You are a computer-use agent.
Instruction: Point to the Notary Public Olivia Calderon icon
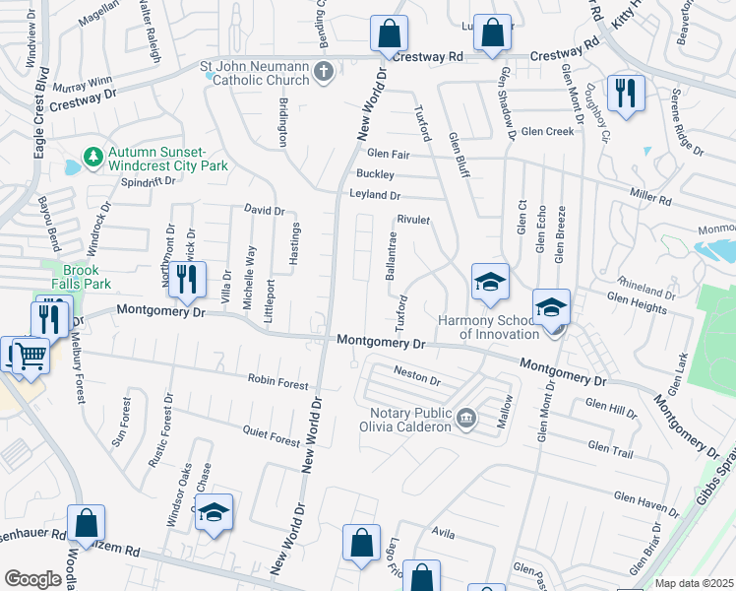coord(467,419)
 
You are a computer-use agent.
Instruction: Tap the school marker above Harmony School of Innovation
coord(490,282)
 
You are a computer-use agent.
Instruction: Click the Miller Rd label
coord(650,200)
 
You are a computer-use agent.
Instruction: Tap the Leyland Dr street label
coord(375,195)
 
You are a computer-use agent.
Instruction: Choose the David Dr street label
coord(264,211)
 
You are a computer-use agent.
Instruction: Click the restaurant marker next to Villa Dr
coord(186,280)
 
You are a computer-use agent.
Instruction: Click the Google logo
coord(32,579)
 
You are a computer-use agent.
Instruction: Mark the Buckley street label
coord(375,173)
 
